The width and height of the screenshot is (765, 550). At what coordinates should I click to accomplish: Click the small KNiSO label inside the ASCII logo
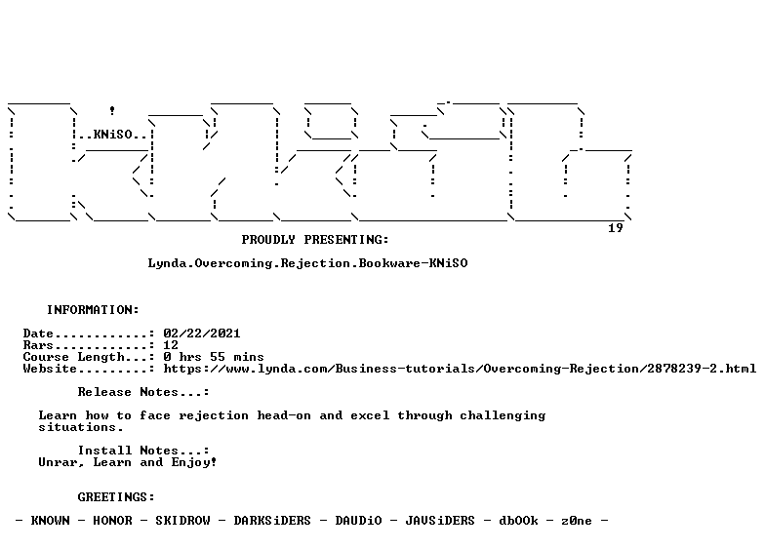[113, 135]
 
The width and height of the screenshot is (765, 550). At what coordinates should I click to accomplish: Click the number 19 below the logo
[616, 228]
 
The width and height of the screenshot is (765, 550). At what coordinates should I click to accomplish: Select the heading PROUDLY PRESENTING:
[315, 240]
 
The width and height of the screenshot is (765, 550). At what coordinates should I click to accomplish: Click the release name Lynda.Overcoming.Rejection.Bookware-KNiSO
[308, 263]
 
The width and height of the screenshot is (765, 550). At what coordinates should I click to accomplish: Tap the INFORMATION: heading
[93, 310]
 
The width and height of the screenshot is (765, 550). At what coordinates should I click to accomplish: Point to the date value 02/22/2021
[202, 334]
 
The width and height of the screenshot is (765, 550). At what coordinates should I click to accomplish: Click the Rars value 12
[171, 345]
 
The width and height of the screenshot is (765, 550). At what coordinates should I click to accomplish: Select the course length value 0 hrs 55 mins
[214, 357]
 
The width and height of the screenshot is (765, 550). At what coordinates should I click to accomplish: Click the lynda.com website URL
[460, 369]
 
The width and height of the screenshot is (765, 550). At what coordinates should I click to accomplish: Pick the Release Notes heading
[143, 392]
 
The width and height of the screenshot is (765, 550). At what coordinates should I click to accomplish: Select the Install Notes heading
[143, 451]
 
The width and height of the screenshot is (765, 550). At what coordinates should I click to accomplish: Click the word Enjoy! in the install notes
[193, 462]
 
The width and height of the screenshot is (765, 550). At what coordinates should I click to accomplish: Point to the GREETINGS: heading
[116, 497]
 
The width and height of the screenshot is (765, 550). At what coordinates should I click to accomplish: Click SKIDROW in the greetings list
[183, 521]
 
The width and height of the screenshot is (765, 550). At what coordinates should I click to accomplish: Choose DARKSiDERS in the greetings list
[272, 521]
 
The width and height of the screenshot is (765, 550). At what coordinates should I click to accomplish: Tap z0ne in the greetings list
[577, 521]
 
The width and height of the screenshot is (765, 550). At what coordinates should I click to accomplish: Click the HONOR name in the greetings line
[113, 521]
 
